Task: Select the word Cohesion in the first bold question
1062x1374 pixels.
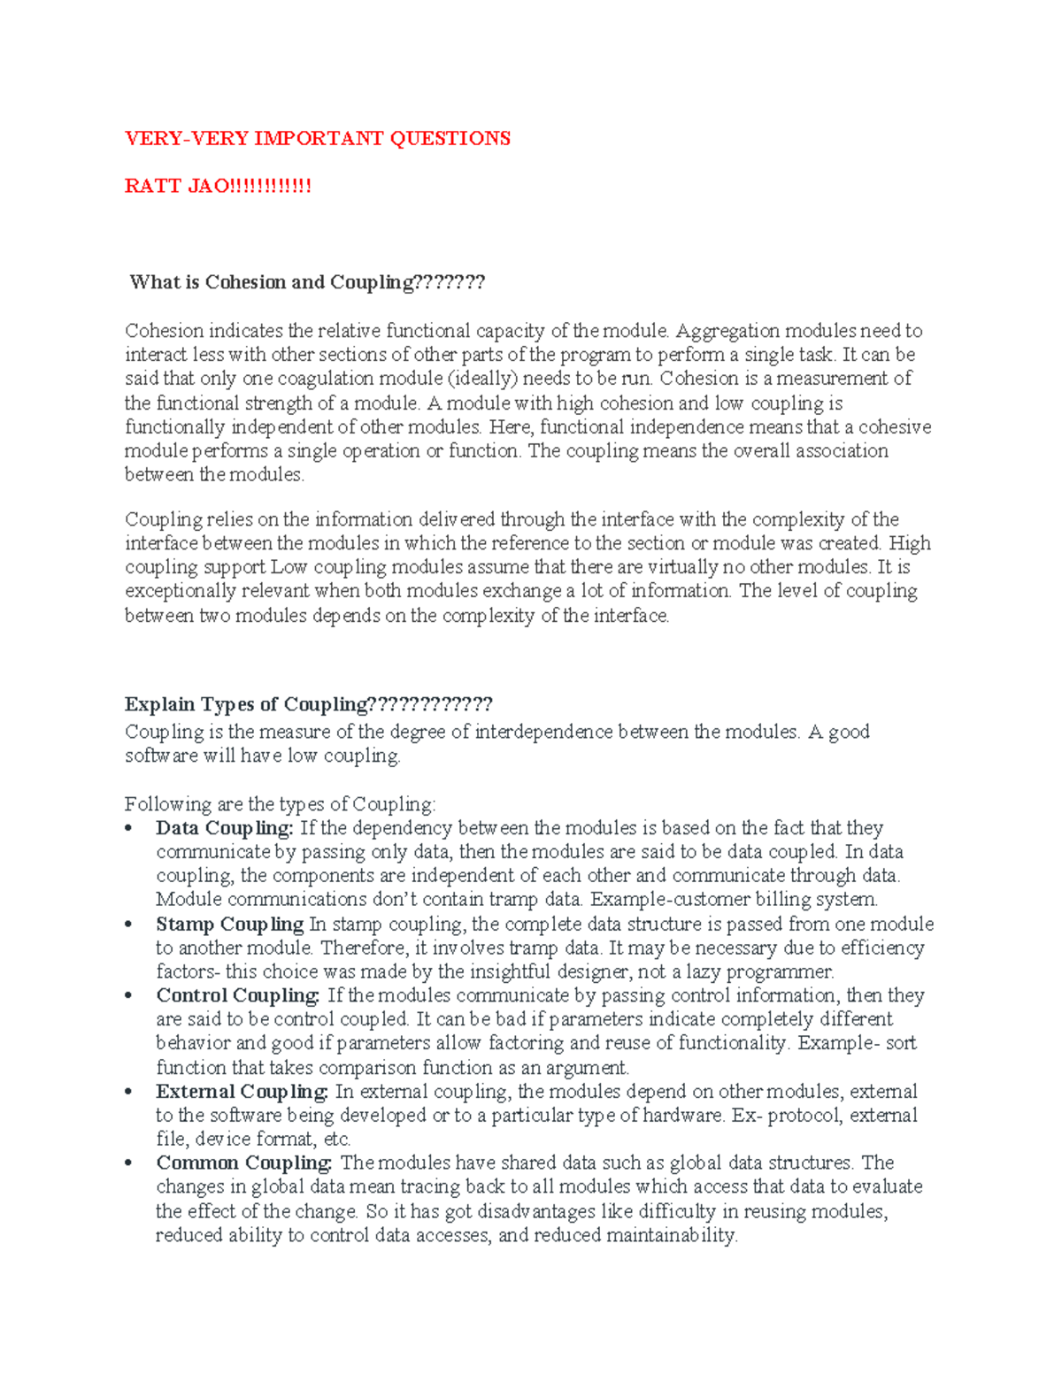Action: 246,282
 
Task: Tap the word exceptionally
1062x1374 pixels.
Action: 180,591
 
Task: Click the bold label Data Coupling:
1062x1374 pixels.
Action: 225,828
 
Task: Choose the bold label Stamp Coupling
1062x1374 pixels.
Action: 229,925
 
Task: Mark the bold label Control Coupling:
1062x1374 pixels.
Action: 238,995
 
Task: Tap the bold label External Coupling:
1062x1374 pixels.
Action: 242,1092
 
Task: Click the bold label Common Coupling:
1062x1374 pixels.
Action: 244,1163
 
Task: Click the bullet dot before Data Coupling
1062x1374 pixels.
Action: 129,829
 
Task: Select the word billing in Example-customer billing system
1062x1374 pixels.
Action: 782,900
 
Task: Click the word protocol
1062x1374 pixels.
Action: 804,1116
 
